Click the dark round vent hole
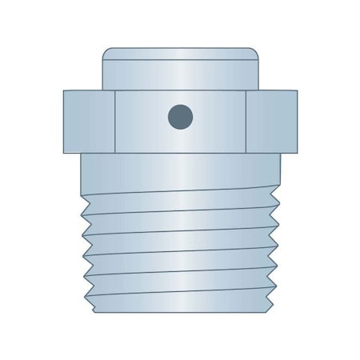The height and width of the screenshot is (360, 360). [179, 118]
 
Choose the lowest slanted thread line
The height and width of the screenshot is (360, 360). [179, 296]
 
